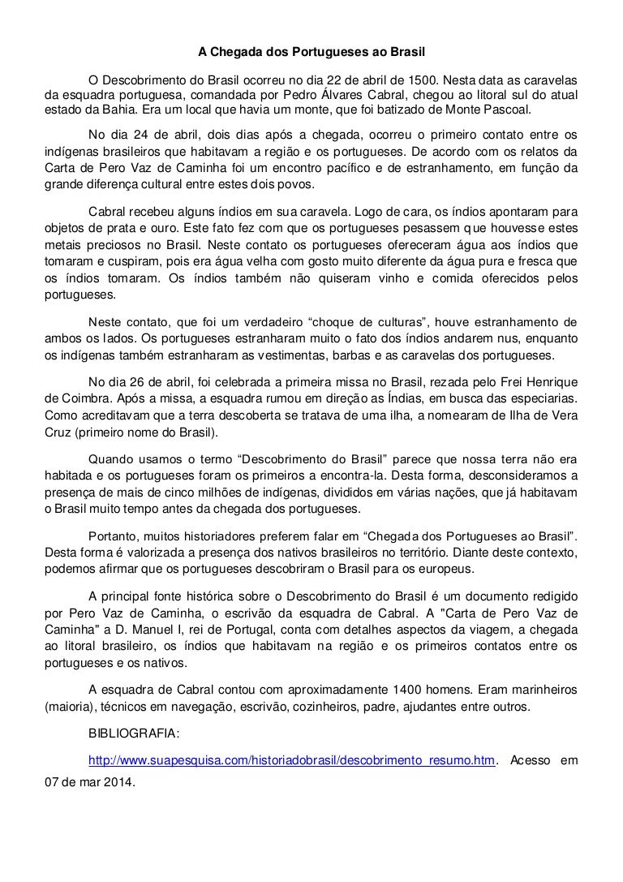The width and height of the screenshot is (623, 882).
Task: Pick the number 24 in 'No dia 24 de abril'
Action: (x=132, y=135)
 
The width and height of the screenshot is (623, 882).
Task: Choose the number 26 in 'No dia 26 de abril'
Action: (x=132, y=381)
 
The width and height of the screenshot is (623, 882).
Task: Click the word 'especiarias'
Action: (x=547, y=397)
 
